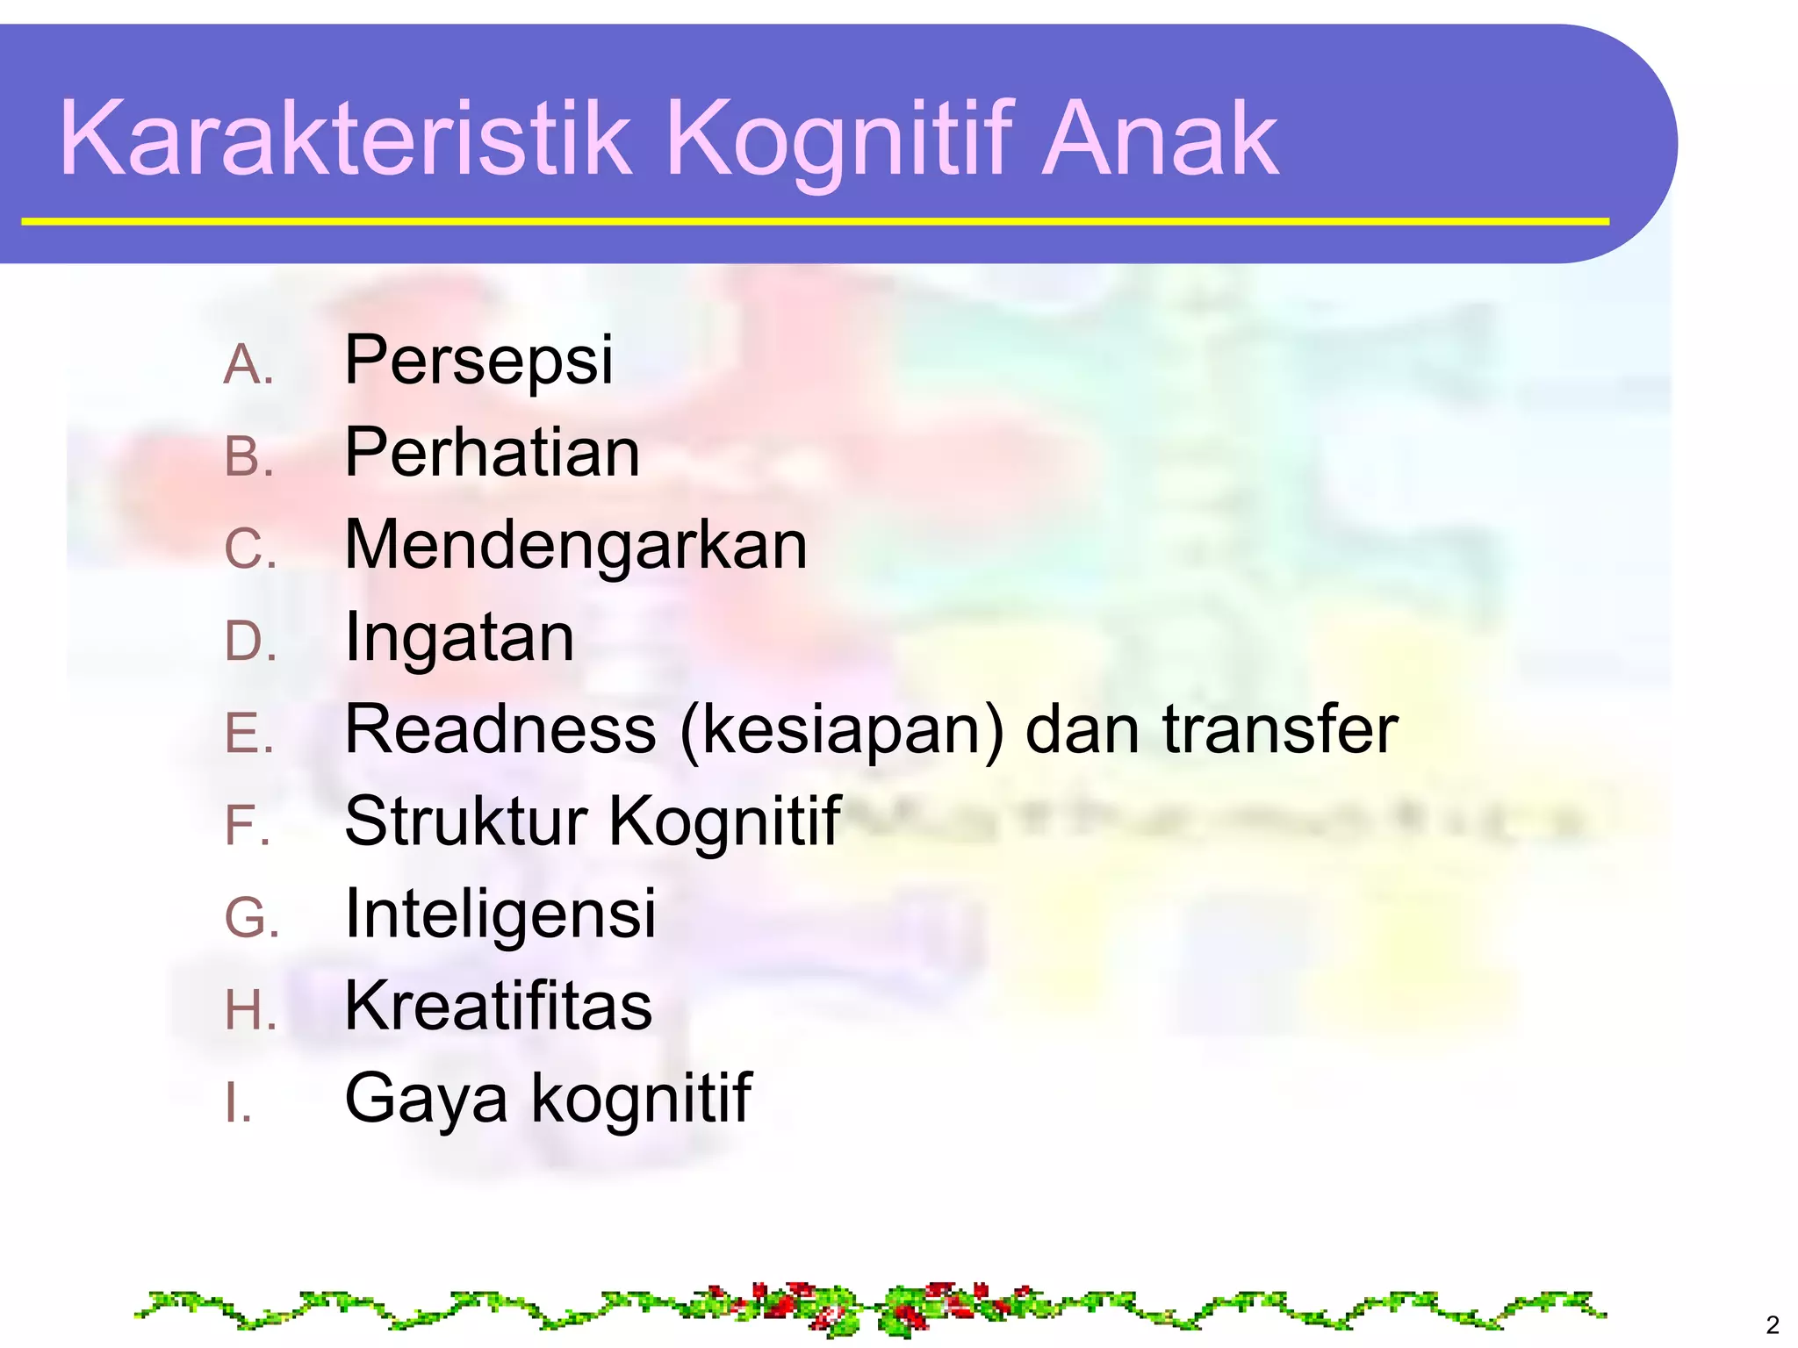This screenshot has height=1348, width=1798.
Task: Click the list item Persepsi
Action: (478, 360)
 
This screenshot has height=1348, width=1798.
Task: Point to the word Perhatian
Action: (492, 453)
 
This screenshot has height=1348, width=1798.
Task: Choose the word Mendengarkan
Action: (575, 546)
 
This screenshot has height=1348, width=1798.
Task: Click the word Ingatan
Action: (459, 638)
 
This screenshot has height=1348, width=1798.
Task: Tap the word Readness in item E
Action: (500, 729)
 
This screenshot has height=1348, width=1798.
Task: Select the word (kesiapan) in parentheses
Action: (841, 731)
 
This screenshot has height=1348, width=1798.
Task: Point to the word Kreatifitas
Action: (498, 1007)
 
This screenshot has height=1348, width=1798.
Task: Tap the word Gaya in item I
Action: (426, 1100)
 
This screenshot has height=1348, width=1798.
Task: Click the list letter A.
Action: (248, 365)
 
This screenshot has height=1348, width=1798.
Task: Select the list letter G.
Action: (251, 920)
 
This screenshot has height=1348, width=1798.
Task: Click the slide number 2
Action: (1772, 1324)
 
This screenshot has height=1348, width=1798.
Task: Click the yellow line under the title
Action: (815, 222)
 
